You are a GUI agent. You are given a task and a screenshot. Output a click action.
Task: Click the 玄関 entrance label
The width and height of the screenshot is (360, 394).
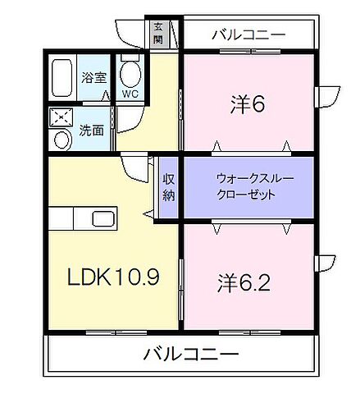157,33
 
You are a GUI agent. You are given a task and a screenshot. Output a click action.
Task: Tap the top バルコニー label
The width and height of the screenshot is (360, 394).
248,34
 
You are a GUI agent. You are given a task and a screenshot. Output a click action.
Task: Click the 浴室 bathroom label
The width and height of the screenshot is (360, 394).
94,78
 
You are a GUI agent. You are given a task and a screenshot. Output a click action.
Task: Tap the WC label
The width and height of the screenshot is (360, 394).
130,94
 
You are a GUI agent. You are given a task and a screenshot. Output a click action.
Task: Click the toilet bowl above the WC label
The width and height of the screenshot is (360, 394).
129,74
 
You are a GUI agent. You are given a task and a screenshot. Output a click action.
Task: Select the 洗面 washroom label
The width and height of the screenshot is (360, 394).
91,129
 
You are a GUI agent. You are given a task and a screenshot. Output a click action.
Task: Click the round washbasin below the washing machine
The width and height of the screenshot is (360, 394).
62,138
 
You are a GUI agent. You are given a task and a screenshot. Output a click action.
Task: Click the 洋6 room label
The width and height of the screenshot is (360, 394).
246,104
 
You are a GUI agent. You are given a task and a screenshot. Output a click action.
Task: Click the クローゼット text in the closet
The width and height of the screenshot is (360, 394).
246,195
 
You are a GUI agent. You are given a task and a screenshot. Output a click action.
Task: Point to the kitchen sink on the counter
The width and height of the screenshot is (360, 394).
103,219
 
